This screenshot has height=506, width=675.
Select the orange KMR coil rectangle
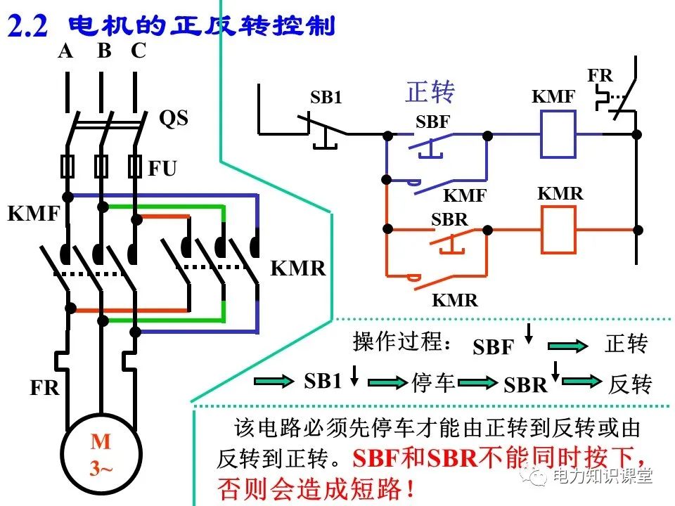558,230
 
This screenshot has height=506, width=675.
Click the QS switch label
174,117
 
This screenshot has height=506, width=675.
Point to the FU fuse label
162,169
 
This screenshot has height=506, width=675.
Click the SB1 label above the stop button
326,98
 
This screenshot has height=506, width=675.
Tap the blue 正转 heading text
430,92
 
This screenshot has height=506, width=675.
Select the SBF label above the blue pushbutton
432,122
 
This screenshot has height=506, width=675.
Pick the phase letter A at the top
65,51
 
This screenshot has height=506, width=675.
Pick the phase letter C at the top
139,51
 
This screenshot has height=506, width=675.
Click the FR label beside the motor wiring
44,388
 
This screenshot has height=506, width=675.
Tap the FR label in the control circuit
600,75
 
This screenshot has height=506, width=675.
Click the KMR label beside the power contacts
298,268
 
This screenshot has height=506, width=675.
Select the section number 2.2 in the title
27,26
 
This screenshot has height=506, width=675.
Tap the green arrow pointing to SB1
274,381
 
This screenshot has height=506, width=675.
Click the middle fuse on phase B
102,167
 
